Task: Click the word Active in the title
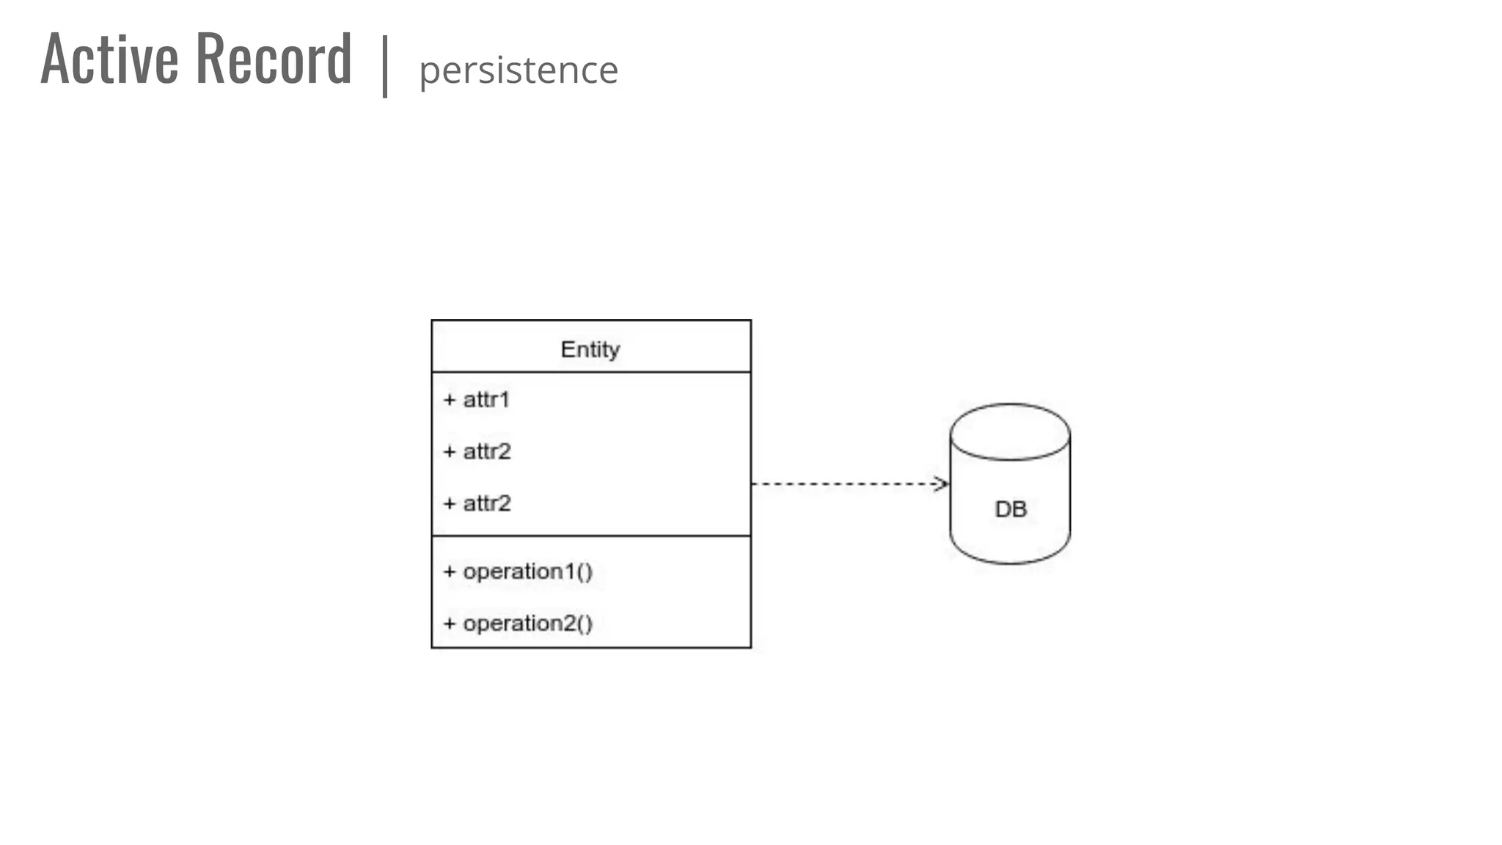click(x=110, y=59)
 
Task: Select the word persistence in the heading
click(x=519, y=70)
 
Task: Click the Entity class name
click(x=590, y=349)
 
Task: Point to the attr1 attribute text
click(x=486, y=400)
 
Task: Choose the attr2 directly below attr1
click(x=487, y=451)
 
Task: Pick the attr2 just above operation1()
click(x=487, y=503)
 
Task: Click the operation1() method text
click(x=528, y=571)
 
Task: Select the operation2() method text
click(x=528, y=623)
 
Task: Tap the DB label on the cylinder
click(x=1011, y=509)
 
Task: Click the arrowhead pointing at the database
click(x=941, y=483)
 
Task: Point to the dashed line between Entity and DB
click(x=843, y=483)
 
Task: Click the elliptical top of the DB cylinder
click(x=1010, y=431)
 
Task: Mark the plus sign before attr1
click(x=450, y=400)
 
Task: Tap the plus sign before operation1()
click(x=450, y=571)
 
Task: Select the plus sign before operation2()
click(x=450, y=623)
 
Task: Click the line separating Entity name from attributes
click(x=591, y=372)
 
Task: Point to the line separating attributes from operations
click(x=591, y=536)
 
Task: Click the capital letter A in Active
click(x=54, y=59)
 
